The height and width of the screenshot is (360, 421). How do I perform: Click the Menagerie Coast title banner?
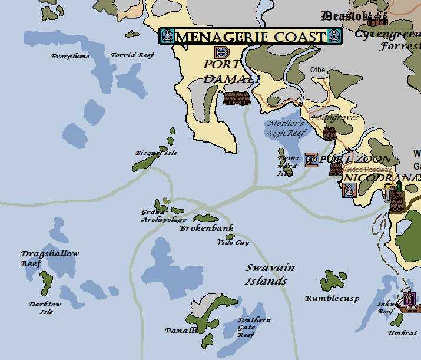(x=251, y=37)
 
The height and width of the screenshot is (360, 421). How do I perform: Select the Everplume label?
(x=69, y=57)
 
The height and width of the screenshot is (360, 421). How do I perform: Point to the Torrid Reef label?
(x=132, y=55)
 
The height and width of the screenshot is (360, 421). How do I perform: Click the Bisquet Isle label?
(x=156, y=153)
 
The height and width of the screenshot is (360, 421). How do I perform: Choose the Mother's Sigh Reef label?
(x=286, y=128)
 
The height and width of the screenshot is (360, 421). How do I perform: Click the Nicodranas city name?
(x=382, y=177)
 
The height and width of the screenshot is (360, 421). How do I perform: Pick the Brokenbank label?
(x=207, y=228)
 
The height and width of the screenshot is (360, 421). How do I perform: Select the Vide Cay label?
(x=233, y=242)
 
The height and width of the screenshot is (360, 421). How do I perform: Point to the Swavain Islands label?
(x=270, y=275)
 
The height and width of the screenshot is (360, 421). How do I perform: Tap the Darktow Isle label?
(x=45, y=308)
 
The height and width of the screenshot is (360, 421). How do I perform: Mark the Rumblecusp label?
(x=332, y=299)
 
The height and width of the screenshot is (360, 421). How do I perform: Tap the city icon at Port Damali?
(x=237, y=98)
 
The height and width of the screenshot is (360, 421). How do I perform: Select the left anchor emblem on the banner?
(x=167, y=37)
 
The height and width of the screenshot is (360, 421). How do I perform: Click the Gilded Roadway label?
(x=368, y=169)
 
